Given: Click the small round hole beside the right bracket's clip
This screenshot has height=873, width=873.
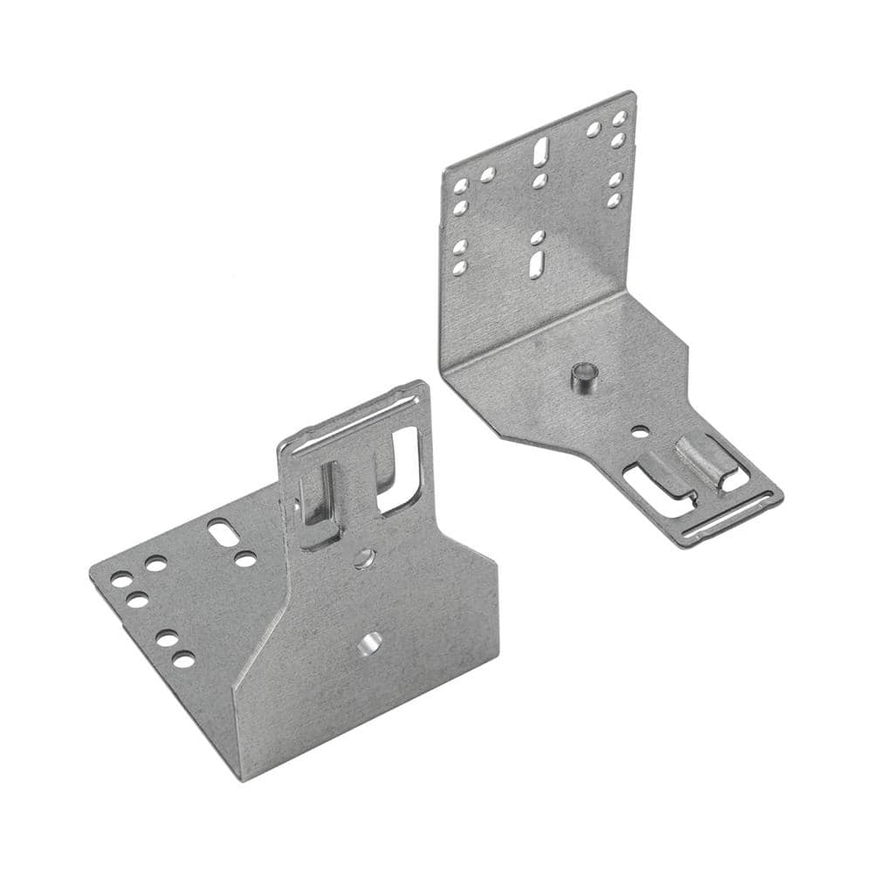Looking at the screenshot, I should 640,430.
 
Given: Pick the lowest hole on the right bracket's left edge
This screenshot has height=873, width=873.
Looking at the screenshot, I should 459,268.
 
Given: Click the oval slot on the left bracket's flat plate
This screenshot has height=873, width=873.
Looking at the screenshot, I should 221,532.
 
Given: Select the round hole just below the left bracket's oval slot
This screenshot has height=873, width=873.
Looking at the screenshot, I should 245,559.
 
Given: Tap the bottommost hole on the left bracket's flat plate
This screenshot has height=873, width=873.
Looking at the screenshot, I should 183,659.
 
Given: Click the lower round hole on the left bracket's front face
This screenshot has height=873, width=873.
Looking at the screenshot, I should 368,645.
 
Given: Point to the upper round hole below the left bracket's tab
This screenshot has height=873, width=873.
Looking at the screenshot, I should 365,557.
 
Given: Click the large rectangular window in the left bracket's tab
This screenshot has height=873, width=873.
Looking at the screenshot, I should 401,466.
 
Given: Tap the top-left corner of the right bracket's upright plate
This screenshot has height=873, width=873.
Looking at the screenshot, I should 443,166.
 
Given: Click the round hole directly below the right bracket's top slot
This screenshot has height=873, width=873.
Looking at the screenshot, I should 540,181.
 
